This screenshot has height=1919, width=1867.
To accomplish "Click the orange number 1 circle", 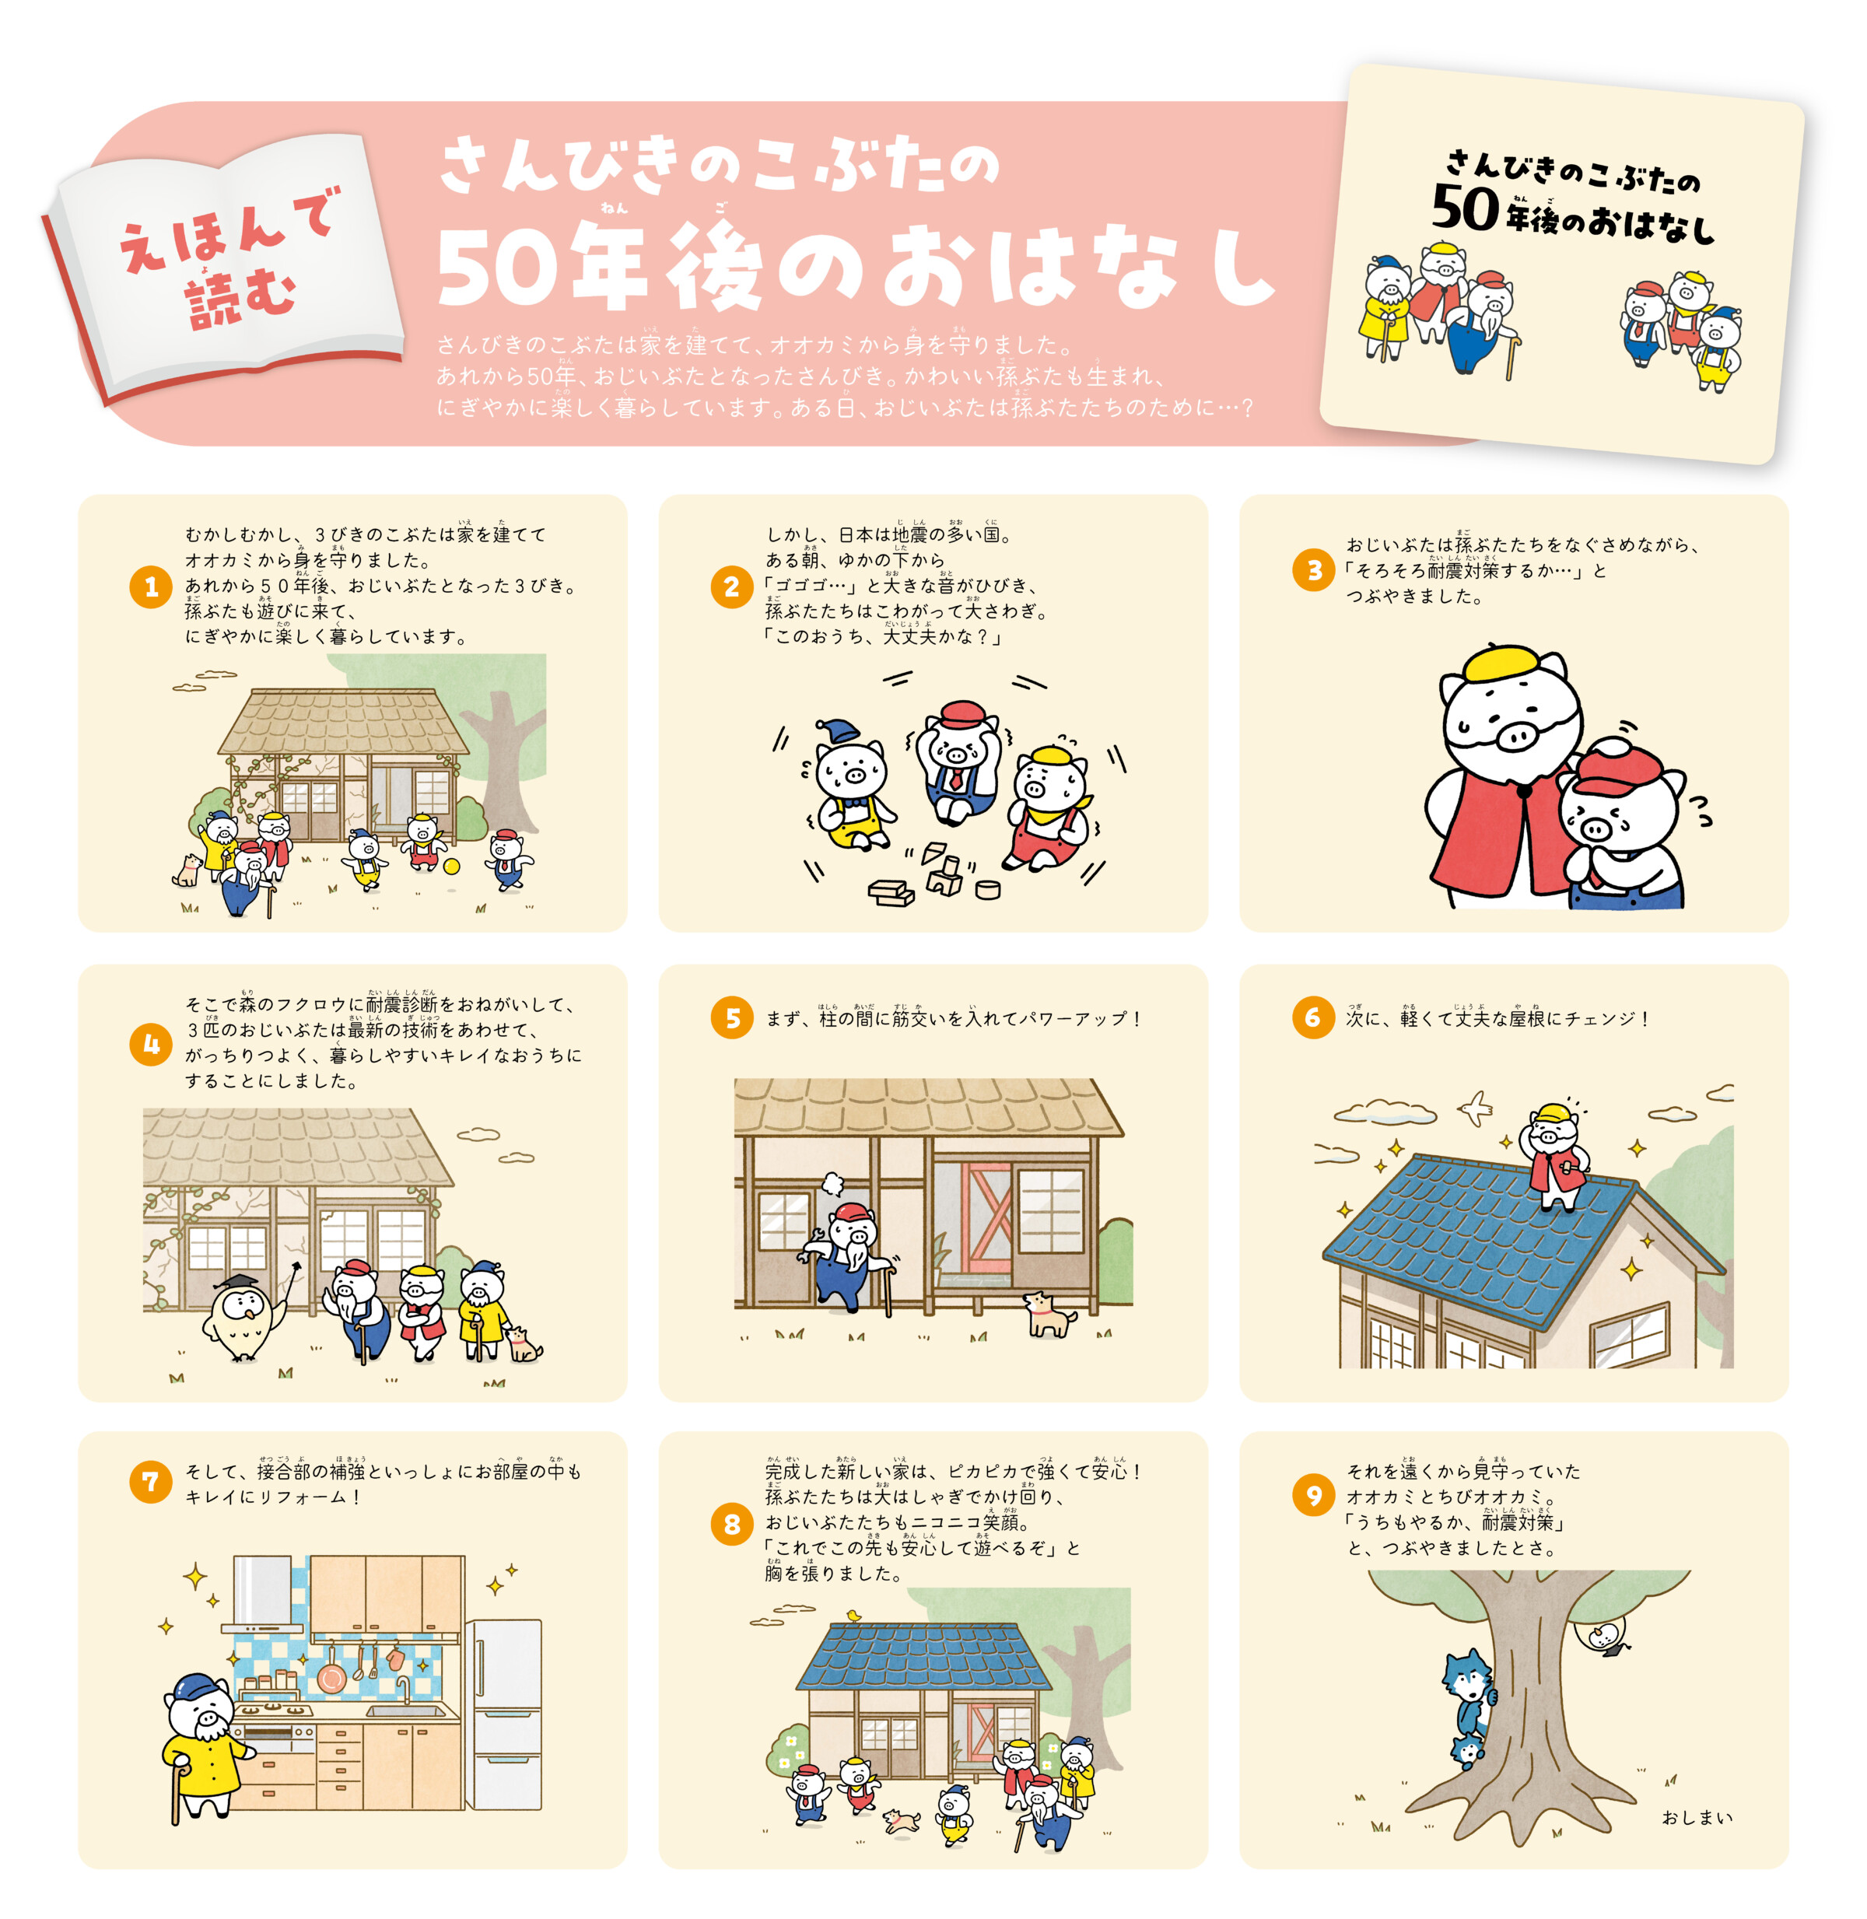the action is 151,587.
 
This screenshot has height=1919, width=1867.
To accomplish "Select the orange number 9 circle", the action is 1313,1494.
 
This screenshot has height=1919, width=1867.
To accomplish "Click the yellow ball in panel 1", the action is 451,866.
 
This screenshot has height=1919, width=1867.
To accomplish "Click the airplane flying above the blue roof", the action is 1474,1108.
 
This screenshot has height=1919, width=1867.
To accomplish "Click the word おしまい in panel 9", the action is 1697,1817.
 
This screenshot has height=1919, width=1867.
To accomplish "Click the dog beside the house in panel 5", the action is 1047,1315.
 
